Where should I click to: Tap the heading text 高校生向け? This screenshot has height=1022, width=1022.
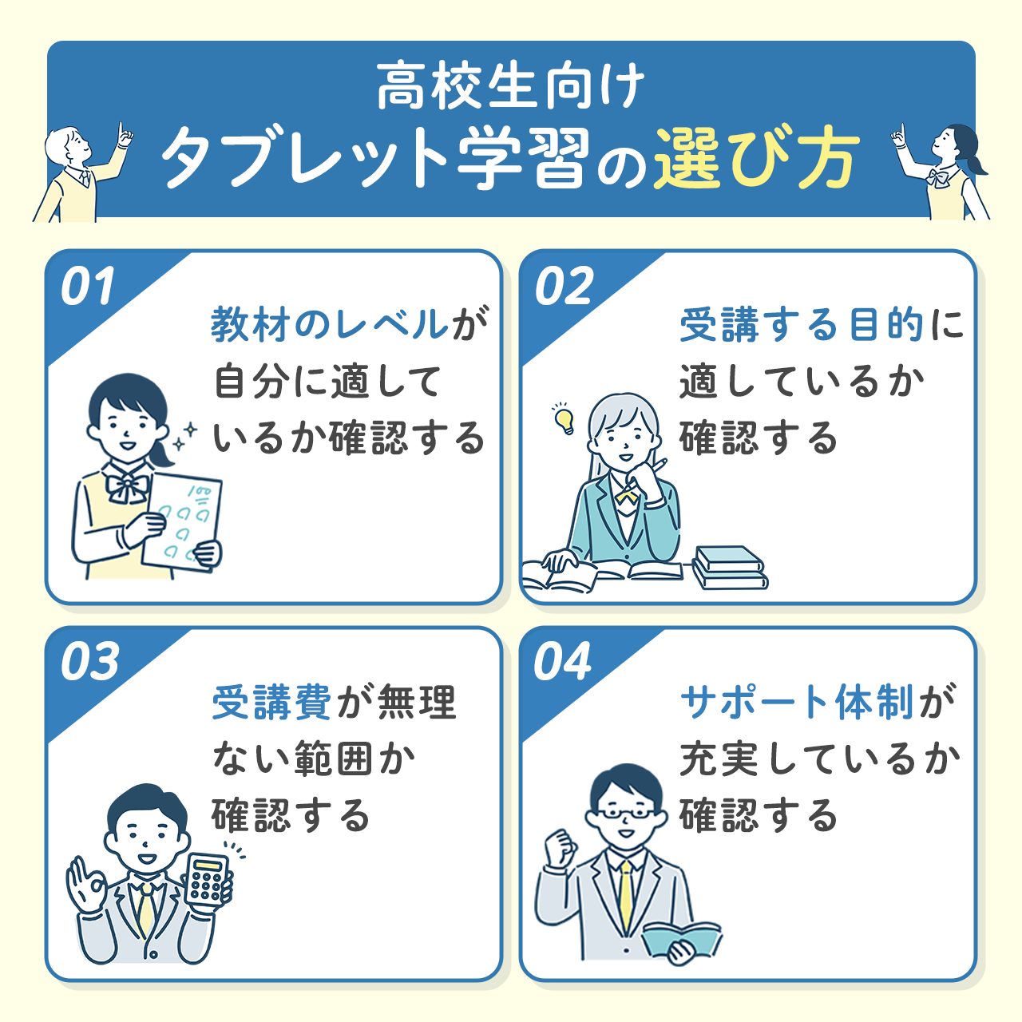510,87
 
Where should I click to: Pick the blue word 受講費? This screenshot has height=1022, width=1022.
271,703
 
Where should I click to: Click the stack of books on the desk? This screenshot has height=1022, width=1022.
729,568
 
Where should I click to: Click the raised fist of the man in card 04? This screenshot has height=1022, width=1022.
559,847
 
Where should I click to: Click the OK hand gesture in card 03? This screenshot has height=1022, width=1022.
87,882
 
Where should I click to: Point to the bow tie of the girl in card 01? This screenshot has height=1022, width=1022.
129,485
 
